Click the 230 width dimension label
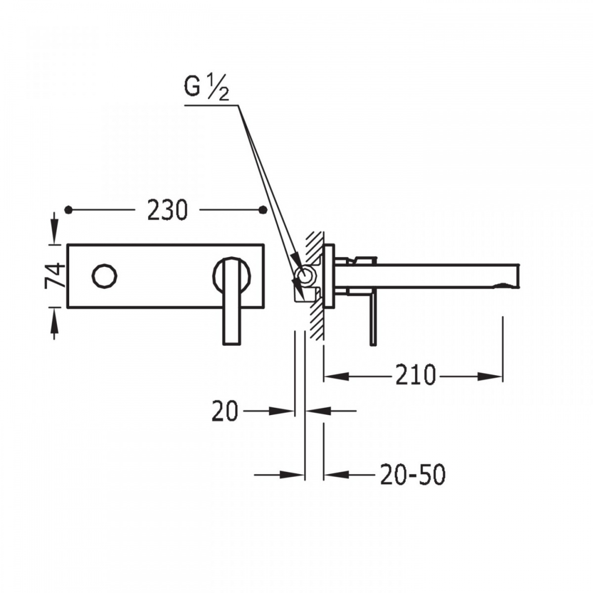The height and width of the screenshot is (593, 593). click(x=167, y=211)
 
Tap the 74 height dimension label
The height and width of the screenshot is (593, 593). click(x=55, y=275)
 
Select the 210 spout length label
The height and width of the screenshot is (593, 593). click(x=416, y=375)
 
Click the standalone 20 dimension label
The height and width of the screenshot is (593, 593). click(x=225, y=411)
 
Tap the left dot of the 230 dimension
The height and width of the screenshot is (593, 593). click(x=69, y=210)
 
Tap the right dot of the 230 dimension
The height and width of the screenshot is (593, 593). click(x=262, y=210)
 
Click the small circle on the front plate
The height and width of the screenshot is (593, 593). click(x=104, y=276)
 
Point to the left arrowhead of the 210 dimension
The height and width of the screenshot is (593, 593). click(x=337, y=376)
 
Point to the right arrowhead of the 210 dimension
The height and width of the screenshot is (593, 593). click(x=490, y=376)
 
